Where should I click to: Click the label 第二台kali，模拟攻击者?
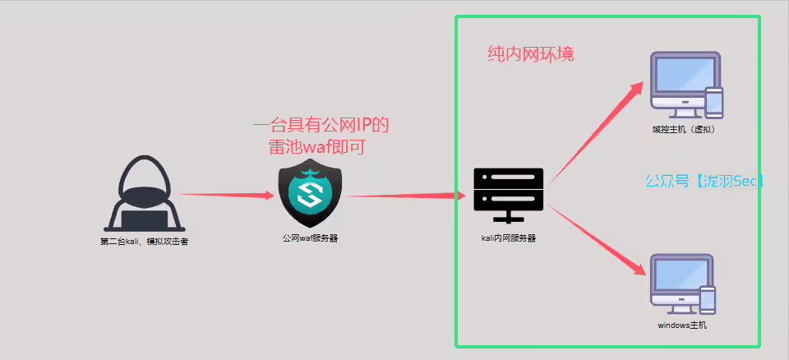coord(144,242)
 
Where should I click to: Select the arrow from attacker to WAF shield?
coord(227,195)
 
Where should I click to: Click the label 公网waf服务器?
coord(310,238)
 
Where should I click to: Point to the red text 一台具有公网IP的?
coord(321,126)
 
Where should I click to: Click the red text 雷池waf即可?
coord(316,147)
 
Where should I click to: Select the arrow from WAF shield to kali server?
coord(402,196)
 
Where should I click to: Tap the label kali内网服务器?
coord(509,238)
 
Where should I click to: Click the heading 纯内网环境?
coord(530,55)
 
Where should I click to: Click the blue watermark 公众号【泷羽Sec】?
coord(704,181)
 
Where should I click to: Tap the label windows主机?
coord(682,325)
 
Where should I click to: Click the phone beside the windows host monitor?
coord(707,300)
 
